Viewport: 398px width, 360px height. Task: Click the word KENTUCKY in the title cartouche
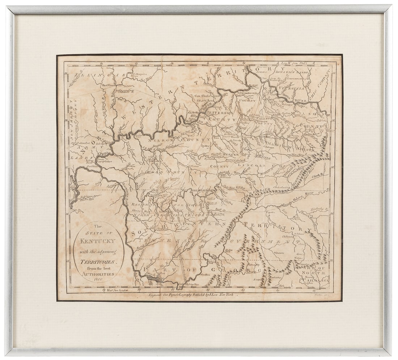pos(98,241)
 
